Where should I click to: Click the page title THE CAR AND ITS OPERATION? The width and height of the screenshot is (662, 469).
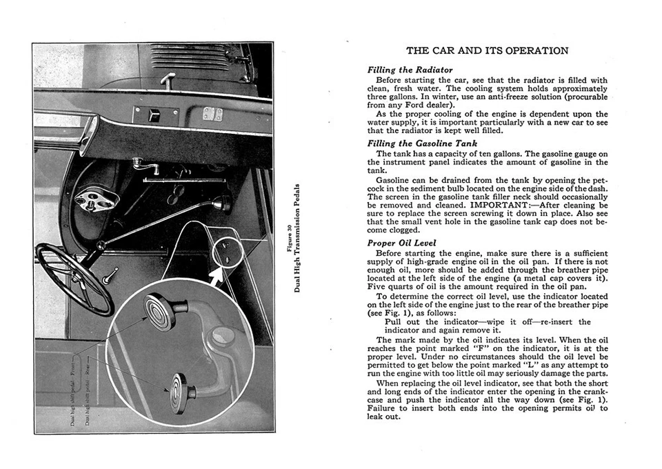(487, 50)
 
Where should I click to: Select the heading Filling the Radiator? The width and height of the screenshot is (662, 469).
(410, 70)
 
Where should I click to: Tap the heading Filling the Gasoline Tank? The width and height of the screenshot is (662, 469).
(421, 143)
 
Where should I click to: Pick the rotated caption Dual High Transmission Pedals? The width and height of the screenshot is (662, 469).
(297, 238)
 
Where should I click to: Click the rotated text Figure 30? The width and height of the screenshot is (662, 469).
(288, 238)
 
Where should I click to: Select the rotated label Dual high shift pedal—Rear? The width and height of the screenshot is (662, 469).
(88, 396)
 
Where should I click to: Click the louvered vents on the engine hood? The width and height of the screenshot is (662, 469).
(189, 58)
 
